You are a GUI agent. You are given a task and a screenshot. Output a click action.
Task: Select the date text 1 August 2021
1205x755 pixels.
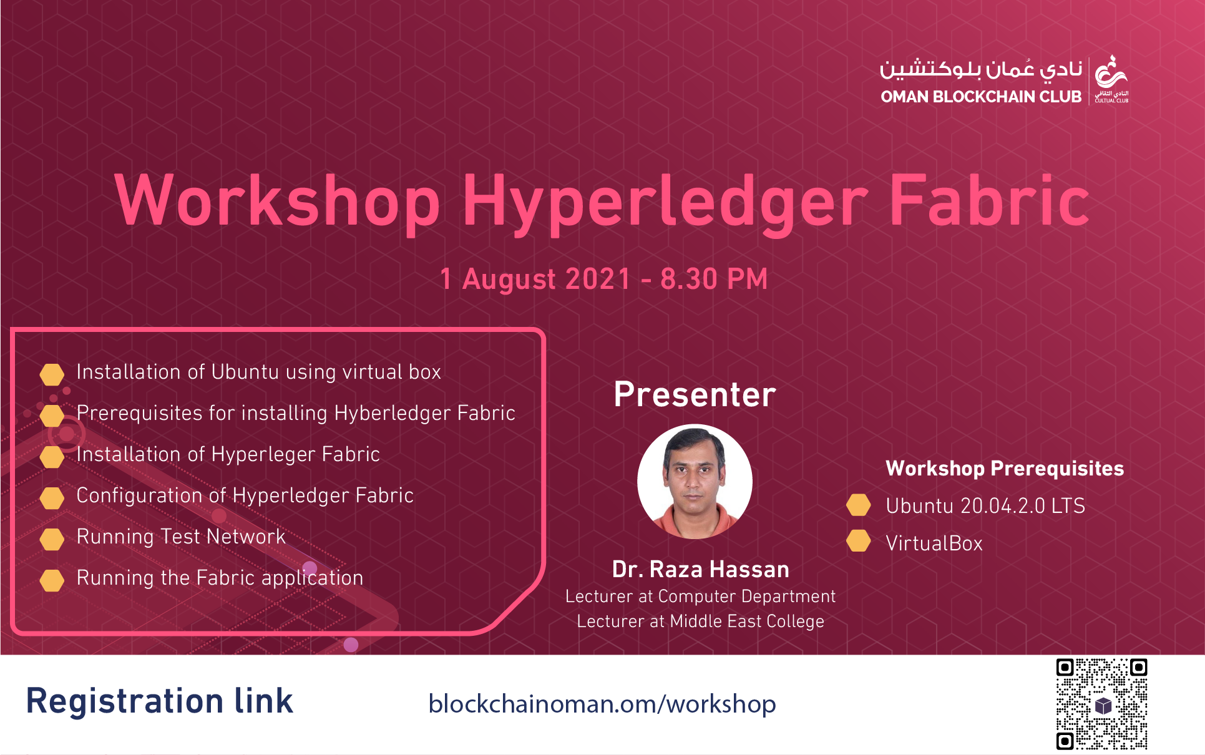click(535, 279)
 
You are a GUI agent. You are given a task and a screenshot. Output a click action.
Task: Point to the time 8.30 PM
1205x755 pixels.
click(714, 279)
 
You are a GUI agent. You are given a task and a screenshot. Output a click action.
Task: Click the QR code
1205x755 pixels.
click(1101, 704)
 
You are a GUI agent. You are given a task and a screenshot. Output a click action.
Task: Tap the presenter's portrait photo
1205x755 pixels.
click(695, 482)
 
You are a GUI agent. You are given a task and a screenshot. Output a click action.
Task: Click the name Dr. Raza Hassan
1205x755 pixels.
click(700, 569)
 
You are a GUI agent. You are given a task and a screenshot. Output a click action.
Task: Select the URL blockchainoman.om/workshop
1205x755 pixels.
click(602, 704)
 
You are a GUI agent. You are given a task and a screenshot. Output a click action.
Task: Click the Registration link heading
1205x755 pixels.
click(160, 701)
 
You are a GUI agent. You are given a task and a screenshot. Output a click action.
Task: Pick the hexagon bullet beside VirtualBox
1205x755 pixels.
click(859, 541)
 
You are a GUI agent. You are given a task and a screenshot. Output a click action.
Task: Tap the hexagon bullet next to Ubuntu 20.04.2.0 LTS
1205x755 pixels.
click(859, 505)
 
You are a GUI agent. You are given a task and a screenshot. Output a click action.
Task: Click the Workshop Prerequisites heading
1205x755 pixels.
click(1005, 469)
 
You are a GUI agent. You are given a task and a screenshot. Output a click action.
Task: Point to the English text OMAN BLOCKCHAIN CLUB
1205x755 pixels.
click(981, 97)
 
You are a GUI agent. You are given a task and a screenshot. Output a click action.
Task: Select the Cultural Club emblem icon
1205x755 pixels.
click(1111, 80)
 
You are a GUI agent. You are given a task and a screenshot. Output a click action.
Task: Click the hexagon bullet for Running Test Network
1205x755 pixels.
click(52, 539)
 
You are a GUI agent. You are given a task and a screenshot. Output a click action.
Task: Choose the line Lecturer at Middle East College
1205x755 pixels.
click(700, 621)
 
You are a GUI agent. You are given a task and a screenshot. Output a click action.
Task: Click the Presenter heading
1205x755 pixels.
click(695, 394)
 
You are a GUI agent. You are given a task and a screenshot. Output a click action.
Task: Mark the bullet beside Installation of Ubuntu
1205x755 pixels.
click(52, 374)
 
